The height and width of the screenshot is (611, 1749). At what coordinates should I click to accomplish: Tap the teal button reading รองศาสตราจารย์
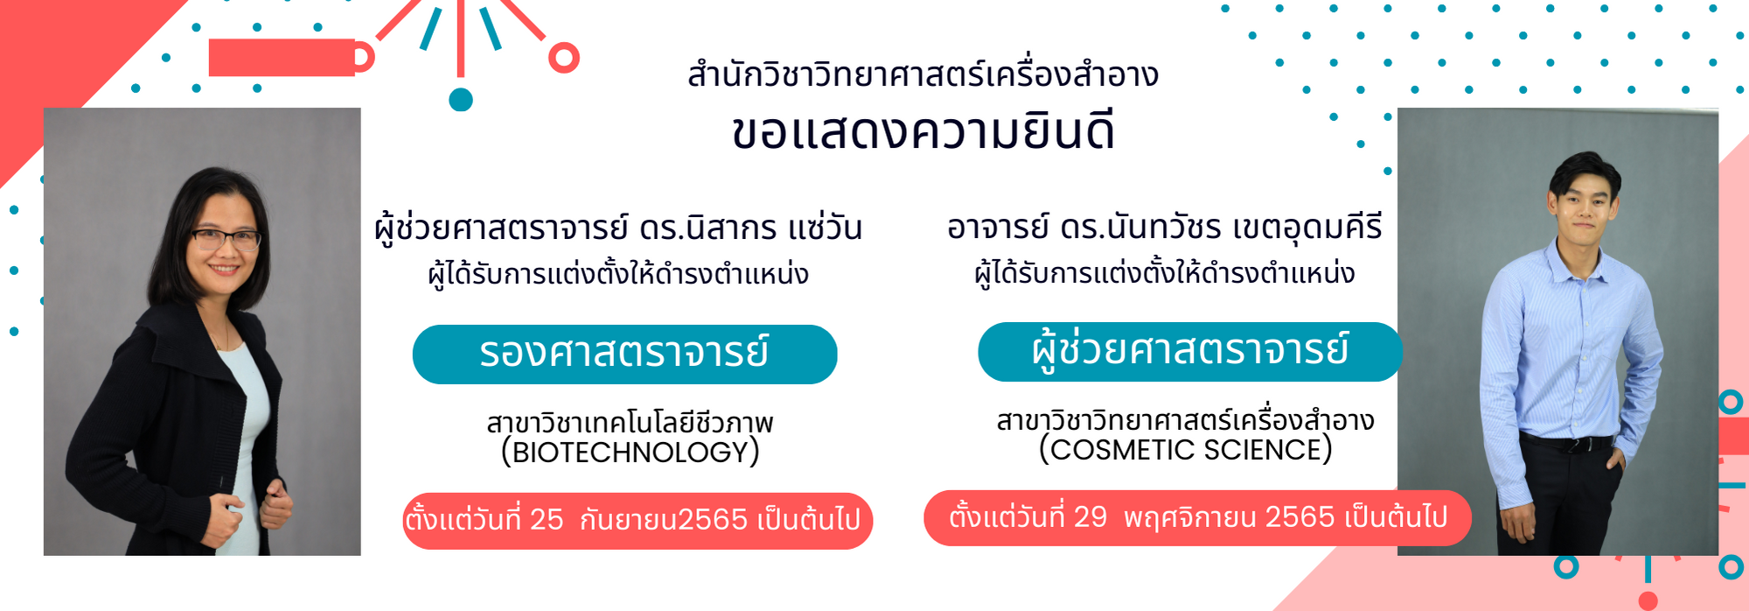click(x=624, y=355)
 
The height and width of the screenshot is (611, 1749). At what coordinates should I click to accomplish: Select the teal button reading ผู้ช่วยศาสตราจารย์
click(x=1190, y=352)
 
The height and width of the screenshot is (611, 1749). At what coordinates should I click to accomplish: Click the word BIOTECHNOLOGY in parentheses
click(x=630, y=453)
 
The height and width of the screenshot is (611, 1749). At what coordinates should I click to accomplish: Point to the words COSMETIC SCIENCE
click(x=1185, y=450)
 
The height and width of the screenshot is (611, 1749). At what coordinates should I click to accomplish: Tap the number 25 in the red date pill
click(x=547, y=520)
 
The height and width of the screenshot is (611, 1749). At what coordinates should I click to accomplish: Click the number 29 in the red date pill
click(x=1091, y=517)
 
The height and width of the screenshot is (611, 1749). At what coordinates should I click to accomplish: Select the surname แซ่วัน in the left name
click(x=825, y=228)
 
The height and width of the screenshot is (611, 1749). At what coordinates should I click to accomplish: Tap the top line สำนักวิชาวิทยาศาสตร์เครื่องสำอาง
click(x=923, y=75)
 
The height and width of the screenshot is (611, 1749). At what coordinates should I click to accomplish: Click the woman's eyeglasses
click(x=226, y=238)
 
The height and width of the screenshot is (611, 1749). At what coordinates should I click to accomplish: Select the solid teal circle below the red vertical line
click(x=461, y=100)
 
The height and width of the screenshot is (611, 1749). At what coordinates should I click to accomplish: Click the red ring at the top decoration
click(x=564, y=58)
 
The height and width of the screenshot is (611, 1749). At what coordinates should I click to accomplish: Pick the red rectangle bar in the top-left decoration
click(x=282, y=58)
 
